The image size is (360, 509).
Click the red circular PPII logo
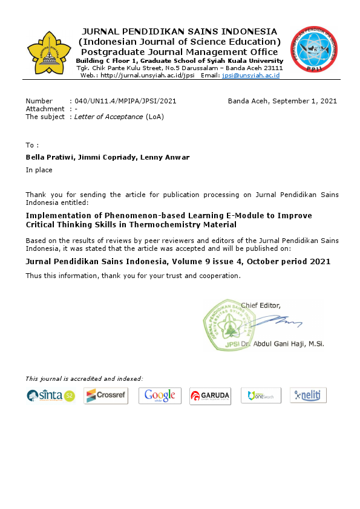(313, 50)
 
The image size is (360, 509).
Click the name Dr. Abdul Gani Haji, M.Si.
(282, 343)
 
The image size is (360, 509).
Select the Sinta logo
(51, 396)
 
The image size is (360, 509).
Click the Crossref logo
(106, 396)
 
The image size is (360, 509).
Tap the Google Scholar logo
(160, 396)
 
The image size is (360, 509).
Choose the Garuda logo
(209, 396)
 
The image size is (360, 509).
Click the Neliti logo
(309, 395)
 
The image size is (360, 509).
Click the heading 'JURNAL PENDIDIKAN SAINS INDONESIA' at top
(180, 31)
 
